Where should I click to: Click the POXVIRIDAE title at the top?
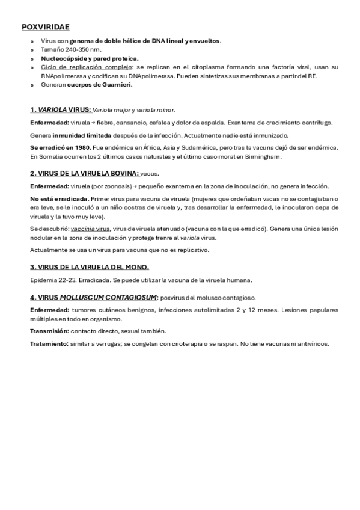pos(45,27)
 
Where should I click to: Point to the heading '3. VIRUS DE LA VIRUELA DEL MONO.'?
pos(90,267)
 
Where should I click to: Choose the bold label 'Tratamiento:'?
pos(49,344)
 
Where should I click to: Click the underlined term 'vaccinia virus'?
pos(90,229)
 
